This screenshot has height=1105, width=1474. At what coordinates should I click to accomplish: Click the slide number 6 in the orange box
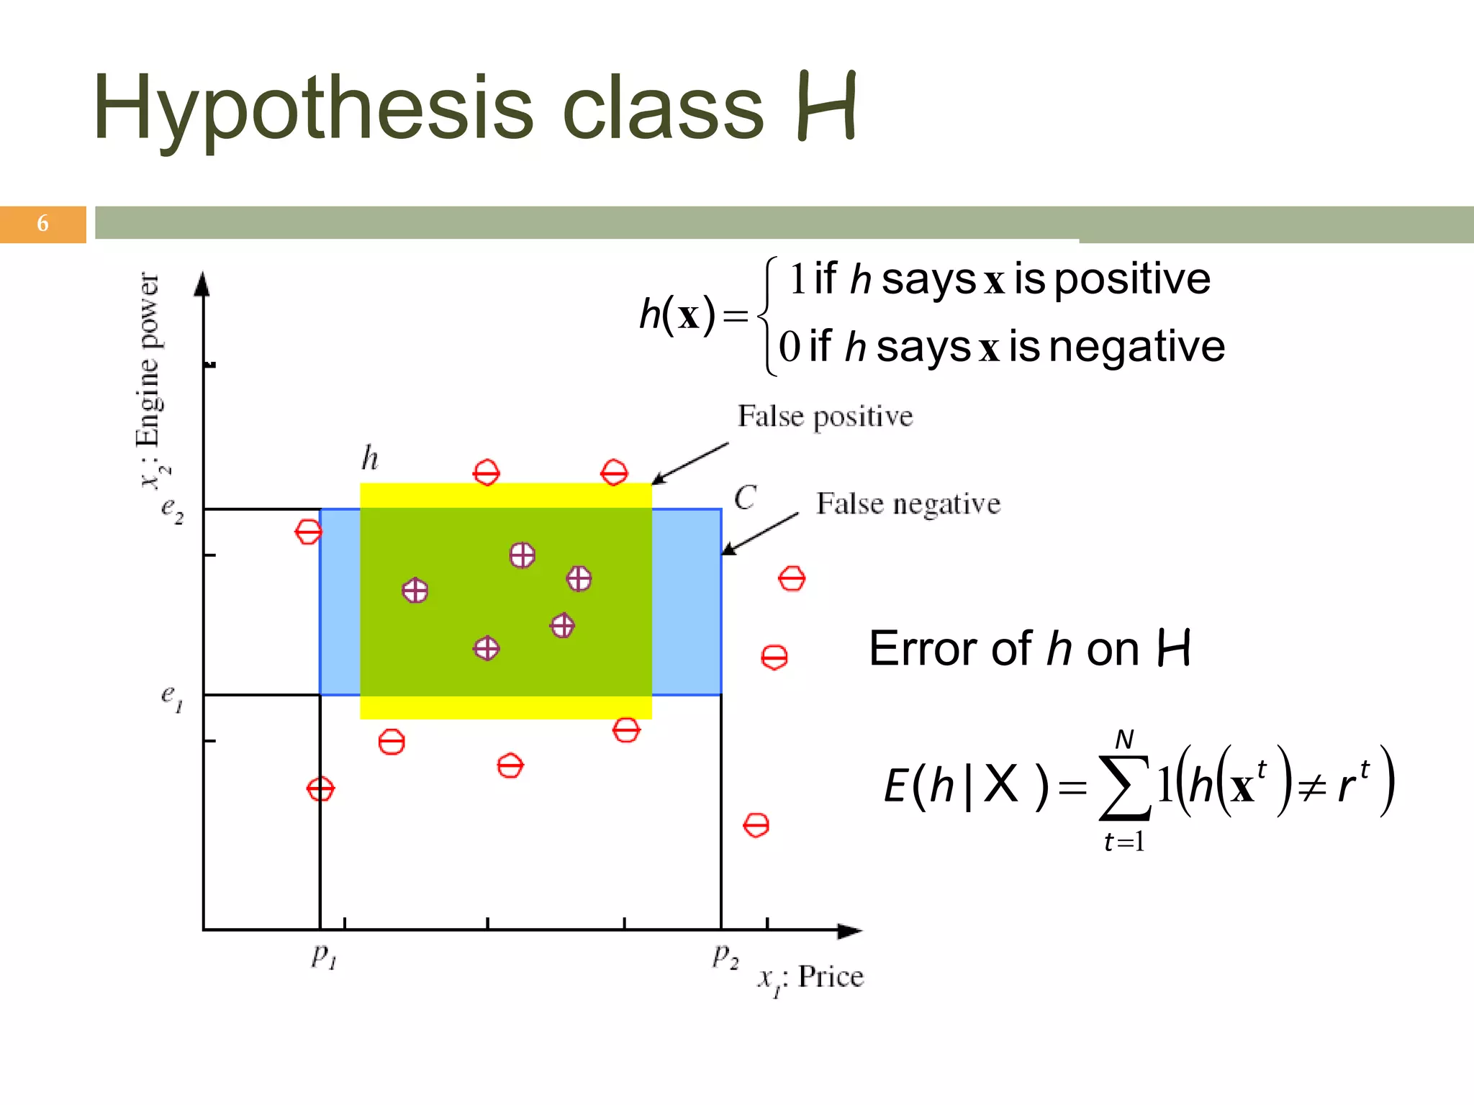tap(42, 224)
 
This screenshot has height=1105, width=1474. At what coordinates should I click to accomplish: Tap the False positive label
tap(825, 417)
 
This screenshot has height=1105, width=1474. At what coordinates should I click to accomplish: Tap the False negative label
tap(908, 504)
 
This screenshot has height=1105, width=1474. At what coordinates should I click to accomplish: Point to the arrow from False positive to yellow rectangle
tap(689, 463)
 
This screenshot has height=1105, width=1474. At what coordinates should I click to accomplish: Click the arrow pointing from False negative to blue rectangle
tap(759, 535)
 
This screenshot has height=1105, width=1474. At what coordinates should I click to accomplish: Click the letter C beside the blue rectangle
tap(745, 498)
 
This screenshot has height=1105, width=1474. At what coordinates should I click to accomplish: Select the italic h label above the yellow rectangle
tap(370, 458)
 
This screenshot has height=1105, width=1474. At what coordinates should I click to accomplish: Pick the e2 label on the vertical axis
tap(172, 510)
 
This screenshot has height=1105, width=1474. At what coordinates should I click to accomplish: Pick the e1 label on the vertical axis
tap(172, 696)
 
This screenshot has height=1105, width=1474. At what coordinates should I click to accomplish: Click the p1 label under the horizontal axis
tap(324, 955)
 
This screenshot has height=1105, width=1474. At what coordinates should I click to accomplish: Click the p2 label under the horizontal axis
tap(725, 955)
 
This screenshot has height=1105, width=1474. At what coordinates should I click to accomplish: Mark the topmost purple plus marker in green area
tap(522, 555)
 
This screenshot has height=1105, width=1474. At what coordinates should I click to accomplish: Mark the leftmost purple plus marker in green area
tap(415, 591)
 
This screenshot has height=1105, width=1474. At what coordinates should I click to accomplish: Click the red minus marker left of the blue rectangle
tap(308, 532)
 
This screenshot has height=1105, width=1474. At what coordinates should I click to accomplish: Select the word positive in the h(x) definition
tap(1132, 279)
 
